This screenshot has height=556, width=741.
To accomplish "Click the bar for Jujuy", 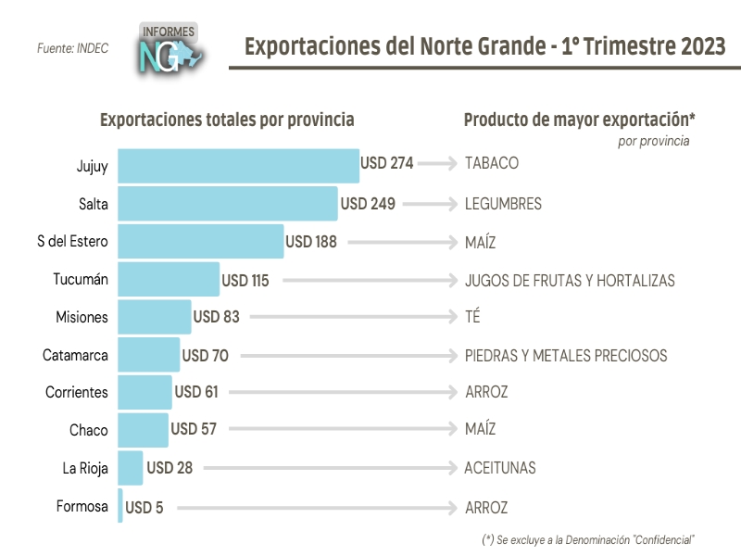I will click(238, 166).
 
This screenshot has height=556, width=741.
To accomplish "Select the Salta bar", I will click(227, 204).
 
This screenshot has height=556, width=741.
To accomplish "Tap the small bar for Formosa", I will click(120, 507).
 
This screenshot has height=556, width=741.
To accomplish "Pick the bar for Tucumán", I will click(169, 280).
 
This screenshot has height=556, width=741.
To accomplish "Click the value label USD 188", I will click(310, 242).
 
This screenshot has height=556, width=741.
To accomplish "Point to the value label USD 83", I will click(216, 317).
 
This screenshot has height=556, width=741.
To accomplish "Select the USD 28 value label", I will click(170, 468).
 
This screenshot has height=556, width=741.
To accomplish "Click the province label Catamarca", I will click(75, 355).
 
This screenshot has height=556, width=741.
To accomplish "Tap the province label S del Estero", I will click(72, 242).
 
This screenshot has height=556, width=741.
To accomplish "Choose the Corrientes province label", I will click(76, 393).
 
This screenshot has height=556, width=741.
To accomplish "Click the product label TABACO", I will click(491, 163).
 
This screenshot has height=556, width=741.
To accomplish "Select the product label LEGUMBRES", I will click(503, 204).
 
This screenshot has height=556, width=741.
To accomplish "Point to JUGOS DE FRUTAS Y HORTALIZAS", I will click(570, 280).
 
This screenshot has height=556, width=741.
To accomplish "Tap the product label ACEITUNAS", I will click(500, 468).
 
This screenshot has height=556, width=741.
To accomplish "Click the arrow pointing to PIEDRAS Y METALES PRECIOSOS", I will click(347, 355).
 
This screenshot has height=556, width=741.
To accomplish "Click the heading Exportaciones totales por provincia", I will click(227, 120).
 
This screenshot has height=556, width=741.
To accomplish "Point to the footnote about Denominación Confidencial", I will click(588, 539).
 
